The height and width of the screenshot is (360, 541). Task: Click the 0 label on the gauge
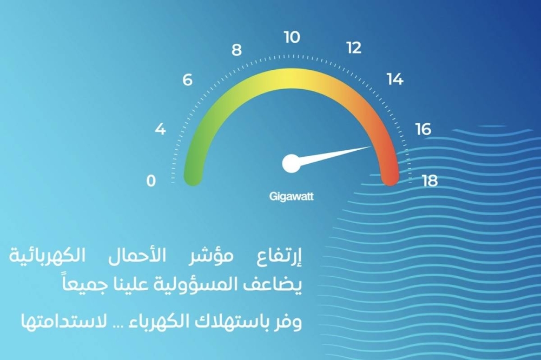pyautogui.click(x=151, y=181)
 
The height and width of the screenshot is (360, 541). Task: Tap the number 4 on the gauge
pyautogui.click(x=160, y=129)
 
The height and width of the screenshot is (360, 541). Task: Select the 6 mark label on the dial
pyautogui.click(x=187, y=79)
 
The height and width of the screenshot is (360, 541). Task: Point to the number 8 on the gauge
pyautogui.click(x=236, y=50)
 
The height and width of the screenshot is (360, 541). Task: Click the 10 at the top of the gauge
pyautogui.click(x=292, y=37)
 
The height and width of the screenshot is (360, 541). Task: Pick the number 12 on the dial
pyautogui.click(x=354, y=48)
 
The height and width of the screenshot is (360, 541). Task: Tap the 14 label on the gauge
pyautogui.click(x=395, y=79)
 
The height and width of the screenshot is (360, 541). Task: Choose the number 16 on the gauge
pyautogui.click(x=424, y=129)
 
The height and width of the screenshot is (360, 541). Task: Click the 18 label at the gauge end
pyautogui.click(x=430, y=181)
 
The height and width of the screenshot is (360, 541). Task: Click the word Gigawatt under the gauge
pyautogui.click(x=291, y=197)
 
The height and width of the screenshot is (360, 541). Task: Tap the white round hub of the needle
pyautogui.click(x=291, y=163)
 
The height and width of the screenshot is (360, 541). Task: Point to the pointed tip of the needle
pyautogui.click(x=371, y=146)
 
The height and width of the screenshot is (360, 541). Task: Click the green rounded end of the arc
pyautogui.click(x=193, y=177)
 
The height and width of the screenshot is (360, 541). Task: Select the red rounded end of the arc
pyautogui.click(x=390, y=177)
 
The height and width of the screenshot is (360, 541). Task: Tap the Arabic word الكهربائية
pyautogui.click(x=47, y=256)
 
